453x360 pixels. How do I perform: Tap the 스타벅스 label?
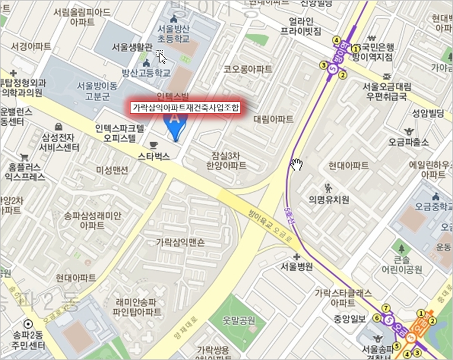[x=154, y=156]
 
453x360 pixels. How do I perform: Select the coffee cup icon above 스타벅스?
[x=154, y=145]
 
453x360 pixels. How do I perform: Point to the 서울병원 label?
[x=296, y=266]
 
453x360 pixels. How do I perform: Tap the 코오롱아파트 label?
[x=248, y=69]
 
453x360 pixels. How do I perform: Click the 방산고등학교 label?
[x=145, y=73]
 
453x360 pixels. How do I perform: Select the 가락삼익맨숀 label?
[x=180, y=242]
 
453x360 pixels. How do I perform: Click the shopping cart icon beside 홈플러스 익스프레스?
[x=24, y=157]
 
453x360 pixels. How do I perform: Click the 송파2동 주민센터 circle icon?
[x=28, y=324]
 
